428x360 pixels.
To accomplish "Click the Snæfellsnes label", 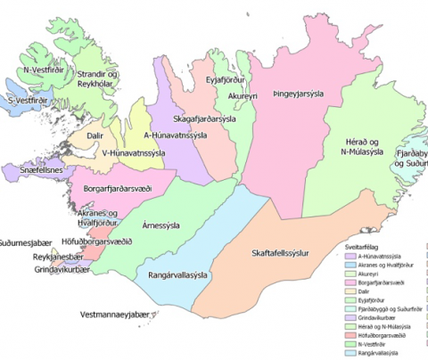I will click(35, 168).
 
